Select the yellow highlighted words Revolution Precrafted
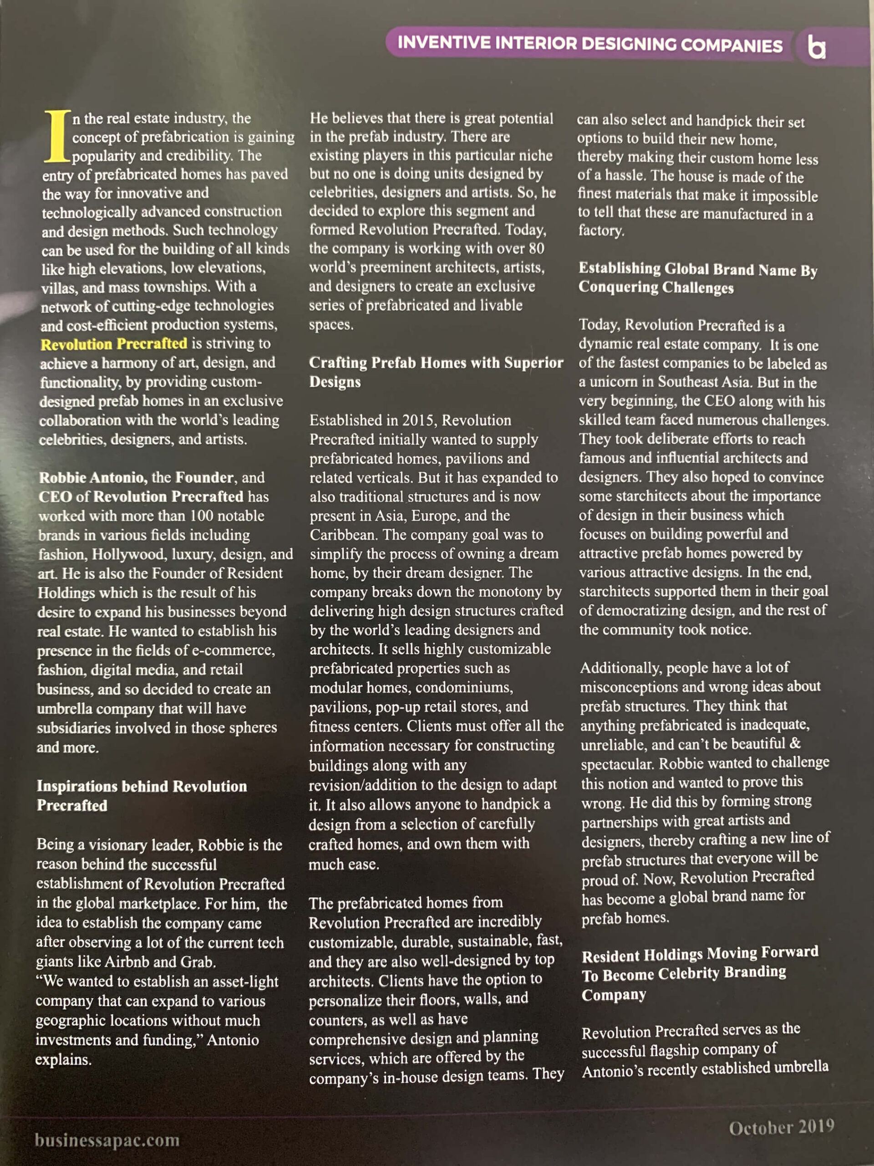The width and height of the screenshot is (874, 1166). pos(114,344)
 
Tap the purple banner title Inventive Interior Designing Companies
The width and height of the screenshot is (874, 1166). pos(589,44)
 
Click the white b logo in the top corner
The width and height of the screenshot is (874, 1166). pos(817,47)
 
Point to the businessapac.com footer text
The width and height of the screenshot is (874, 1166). pos(107,1140)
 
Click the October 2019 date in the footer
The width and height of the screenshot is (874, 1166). pos(781,1128)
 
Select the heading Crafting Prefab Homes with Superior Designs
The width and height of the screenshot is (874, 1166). pos(436,372)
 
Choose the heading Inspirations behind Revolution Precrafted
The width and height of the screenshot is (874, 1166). pos(141,795)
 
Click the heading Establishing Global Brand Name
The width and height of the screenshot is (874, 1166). pos(697,278)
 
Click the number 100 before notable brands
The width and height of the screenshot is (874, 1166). pos(201,516)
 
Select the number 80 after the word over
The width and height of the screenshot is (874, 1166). pos(536,248)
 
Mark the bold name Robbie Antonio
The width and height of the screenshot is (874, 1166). pos(93,478)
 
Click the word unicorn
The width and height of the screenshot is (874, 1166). pos(615,382)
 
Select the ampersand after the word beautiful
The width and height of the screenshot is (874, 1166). pos(795,743)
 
